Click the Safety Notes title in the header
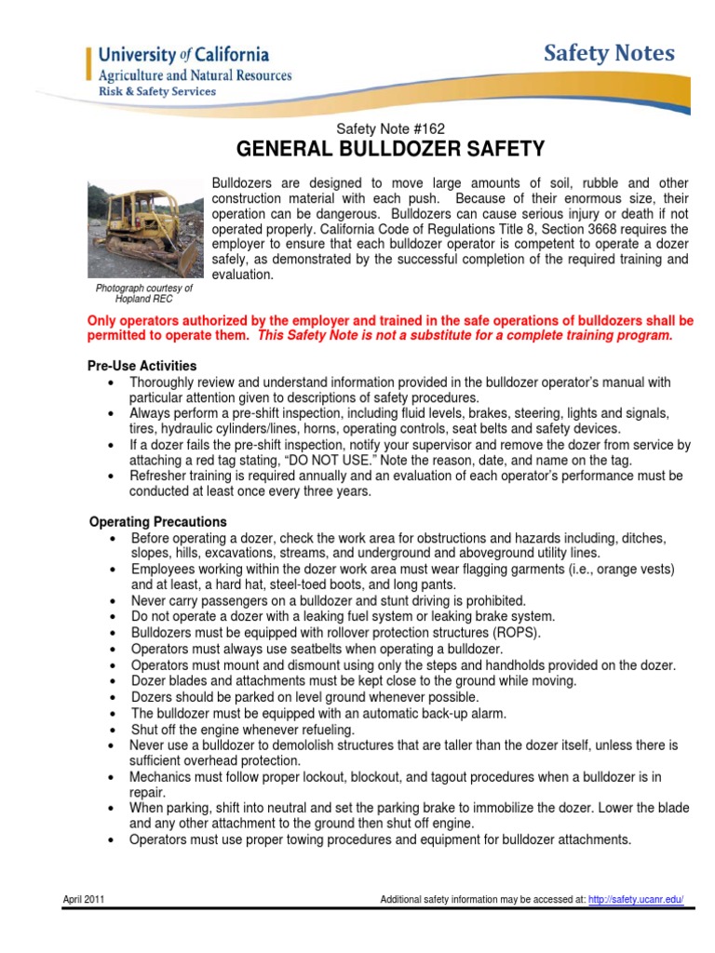(x=610, y=54)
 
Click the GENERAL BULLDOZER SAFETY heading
(x=391, y=149)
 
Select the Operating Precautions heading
(x=157, y=522)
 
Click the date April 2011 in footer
(x=85, y=899)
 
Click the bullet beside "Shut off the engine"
(x=113, y=730)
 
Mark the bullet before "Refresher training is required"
(x=113, y=476)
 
